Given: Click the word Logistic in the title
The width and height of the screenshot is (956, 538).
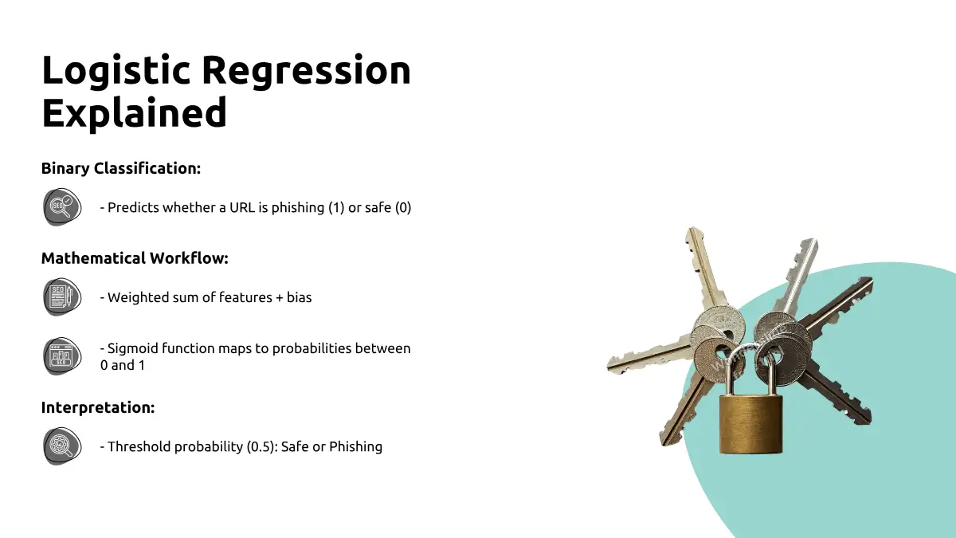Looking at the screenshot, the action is [116, 71].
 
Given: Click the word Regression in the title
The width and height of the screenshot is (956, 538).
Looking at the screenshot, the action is [307, 71].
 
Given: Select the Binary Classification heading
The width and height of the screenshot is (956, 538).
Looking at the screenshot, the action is [121, 168].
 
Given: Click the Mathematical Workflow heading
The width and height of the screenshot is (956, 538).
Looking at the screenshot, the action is [135, 258].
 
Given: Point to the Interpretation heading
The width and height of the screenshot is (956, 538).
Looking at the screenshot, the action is [98, 407].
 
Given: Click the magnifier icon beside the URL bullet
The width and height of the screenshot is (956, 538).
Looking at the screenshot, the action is [62, 207].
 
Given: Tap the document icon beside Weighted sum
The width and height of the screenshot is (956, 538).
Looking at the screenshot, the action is [62, 296].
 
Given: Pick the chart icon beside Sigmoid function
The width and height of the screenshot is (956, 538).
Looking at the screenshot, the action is [62, 356].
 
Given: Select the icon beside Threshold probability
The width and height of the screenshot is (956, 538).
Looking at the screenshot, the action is [62, 446].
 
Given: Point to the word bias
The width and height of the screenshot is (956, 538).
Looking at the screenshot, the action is [300, 297].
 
